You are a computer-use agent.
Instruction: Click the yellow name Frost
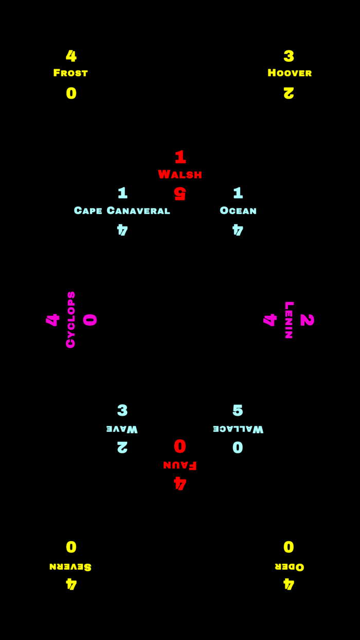tap(71, 73)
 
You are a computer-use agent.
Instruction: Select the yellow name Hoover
tap(290, 73)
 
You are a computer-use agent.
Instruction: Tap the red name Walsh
tap(180, 174)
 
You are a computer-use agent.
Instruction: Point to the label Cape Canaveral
tap(122, 210)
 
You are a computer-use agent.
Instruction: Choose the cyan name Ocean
tap(238, 210)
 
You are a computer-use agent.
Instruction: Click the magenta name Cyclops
tap(71, 319)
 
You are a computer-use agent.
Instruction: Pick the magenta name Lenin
tap(289, 319)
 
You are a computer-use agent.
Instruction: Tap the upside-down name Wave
tap(122, 429)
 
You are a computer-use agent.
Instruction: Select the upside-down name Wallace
tap(238, 429)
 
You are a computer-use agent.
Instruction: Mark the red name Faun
tap(180, 465)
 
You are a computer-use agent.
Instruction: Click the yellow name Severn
tap(70, 566)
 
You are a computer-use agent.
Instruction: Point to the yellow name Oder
tap(290, 566)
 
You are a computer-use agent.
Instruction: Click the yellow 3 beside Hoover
tap(289, 56)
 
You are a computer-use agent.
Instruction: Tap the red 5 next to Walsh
tap(179, 193)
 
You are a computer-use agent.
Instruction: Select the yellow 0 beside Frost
tap(71, 93)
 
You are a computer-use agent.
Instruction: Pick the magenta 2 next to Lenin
tap(307, 319)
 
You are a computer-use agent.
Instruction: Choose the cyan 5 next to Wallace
tap(238, 410)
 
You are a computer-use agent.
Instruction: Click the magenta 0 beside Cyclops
tap(90, 319)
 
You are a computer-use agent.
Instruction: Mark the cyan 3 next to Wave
tap(122, 410)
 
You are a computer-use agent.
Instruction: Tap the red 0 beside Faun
tap(180, 446)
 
